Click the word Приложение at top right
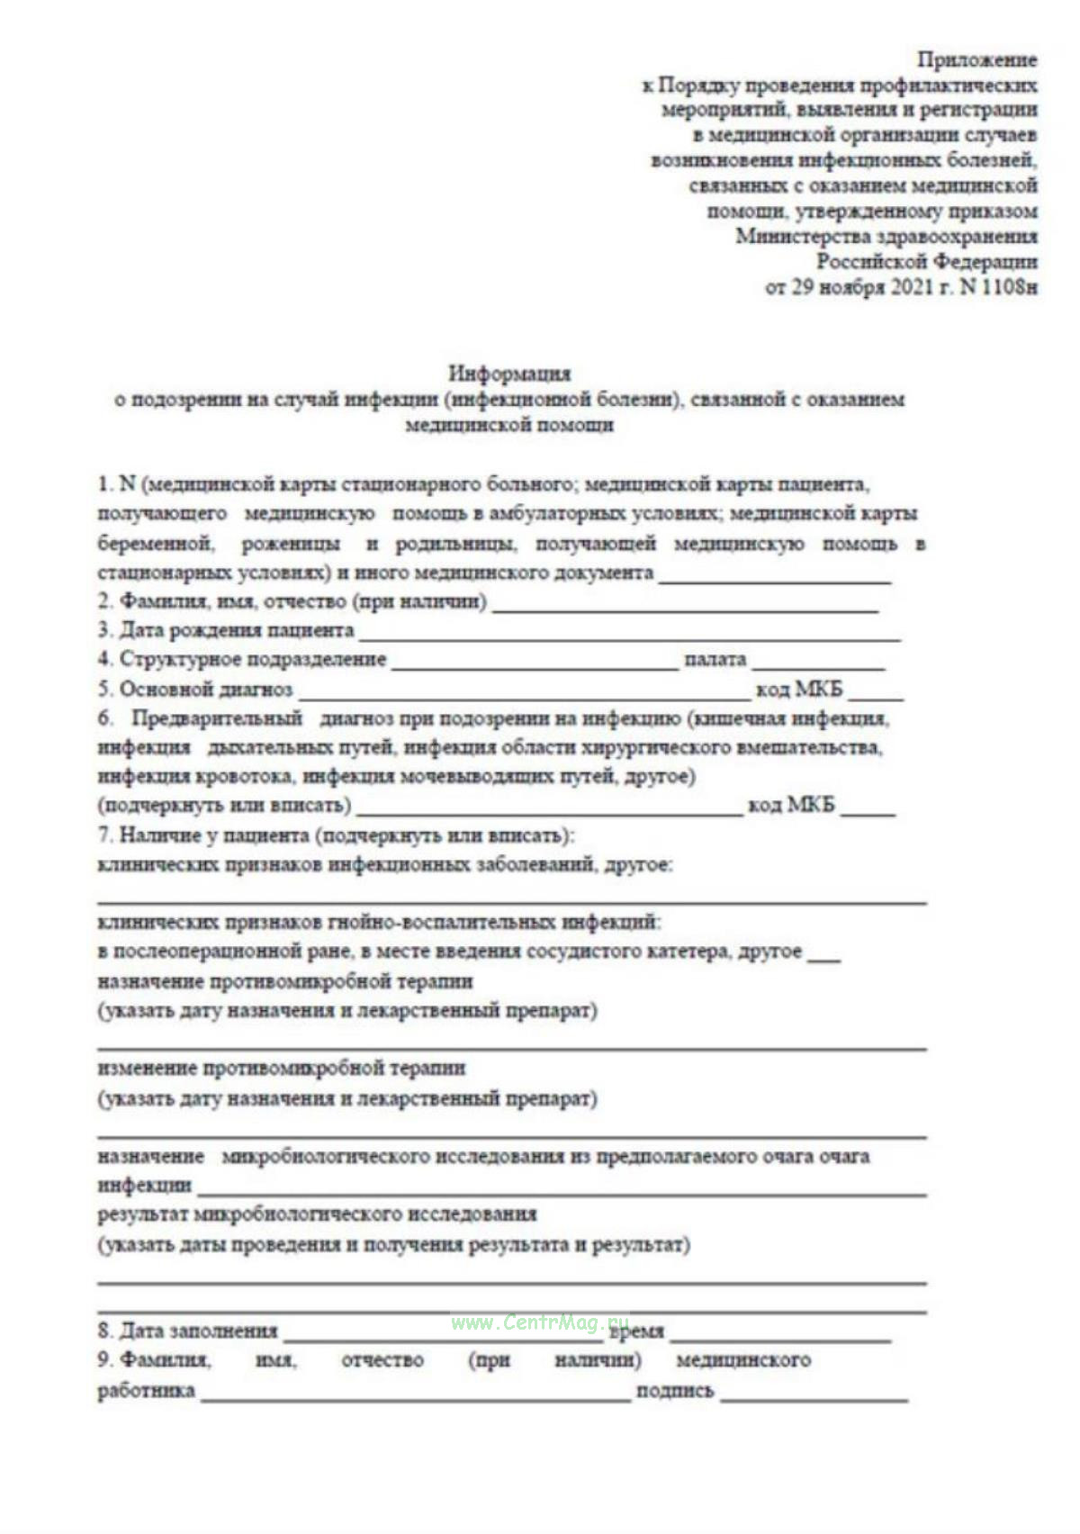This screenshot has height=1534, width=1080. click(x=976, y=60)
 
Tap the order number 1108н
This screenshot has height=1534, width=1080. click(x=1009, y=288)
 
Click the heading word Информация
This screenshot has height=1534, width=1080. click(x=509, y=373)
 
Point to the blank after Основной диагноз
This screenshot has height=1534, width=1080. click(x=524, y=696)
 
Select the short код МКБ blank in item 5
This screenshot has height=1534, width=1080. click(x=875, y=696)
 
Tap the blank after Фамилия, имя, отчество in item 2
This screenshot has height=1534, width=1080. click(x=685, y=608)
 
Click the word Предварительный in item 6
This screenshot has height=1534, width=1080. click(x=217, y=719)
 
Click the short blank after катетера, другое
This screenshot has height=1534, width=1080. click(x=823, y=958)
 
